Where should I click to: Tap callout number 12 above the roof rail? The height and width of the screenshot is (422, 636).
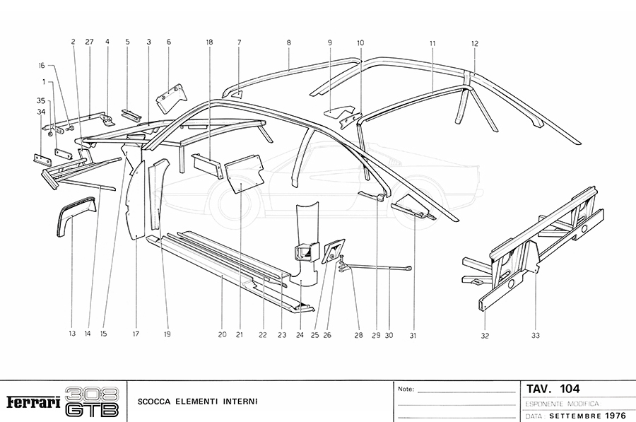pos(475,43)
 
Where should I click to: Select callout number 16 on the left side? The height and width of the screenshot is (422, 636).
pos(42,65)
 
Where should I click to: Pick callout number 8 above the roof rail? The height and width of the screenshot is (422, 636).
pos(289,43)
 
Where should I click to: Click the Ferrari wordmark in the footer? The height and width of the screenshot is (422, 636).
pos(33,402)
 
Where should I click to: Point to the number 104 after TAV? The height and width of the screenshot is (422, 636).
pos(570,388)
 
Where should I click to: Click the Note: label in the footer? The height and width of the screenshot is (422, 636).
pos(406,389)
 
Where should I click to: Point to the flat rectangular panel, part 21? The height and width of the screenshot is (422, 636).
pos(244,174)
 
